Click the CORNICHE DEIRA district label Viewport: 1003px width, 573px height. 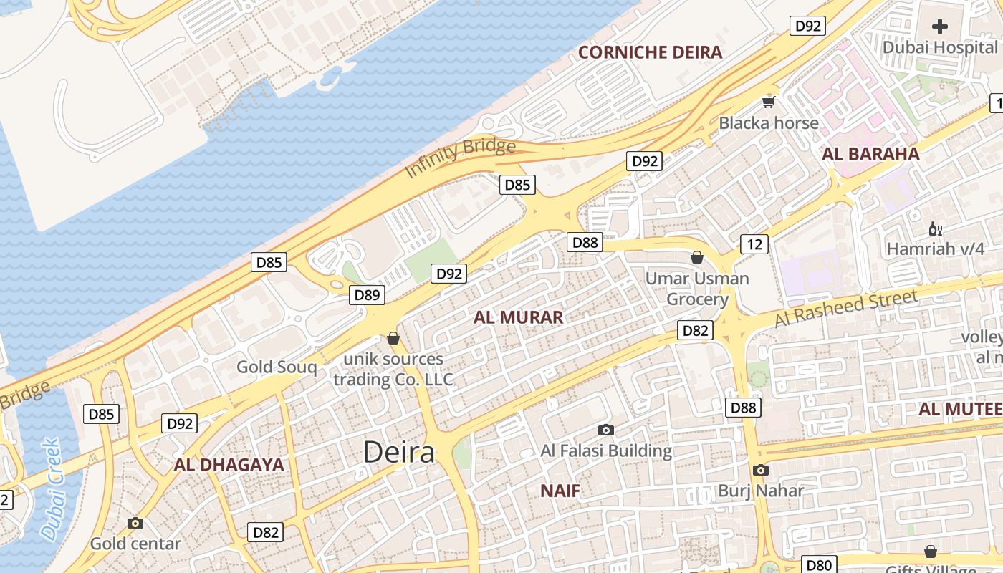pos(650,52)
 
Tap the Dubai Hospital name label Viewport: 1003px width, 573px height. pos(939,47)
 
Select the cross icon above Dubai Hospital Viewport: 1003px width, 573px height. pos(939,27)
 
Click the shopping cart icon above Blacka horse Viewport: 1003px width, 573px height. pos(769,102)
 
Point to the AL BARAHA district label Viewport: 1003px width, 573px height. pos(870,153)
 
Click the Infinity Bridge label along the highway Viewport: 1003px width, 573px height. pos(460,158)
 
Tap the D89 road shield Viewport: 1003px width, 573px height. pos(367,295)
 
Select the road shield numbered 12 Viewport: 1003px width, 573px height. pos(754,244)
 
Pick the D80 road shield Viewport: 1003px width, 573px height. pos(817,565)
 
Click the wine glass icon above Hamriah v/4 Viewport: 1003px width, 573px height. pos(935,229)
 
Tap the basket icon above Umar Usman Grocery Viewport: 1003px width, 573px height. pos(696,257)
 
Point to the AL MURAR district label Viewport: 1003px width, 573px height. pos(518,317)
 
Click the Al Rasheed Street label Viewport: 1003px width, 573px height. pos(845,309)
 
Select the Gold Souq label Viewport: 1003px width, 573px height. pos(277,367)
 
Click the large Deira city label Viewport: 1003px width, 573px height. pos(399,452)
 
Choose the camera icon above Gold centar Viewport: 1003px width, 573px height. pos(135,524)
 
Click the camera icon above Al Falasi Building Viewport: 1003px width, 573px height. pos(606,430)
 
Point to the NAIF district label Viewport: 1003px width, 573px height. pos(560,491)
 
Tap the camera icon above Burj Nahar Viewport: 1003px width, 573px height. pos(761,471)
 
